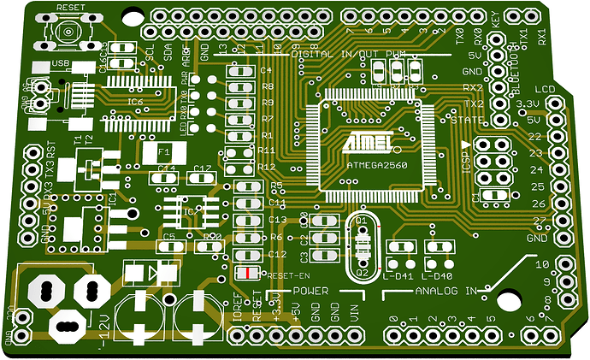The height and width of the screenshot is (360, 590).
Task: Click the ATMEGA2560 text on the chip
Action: pyautogui.click(x=371, y=163)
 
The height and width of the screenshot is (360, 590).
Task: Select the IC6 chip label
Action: pyautogui.click(x=135, y=102)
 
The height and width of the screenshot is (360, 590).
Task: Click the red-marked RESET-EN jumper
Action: pyautogui.click(x=248, y=274)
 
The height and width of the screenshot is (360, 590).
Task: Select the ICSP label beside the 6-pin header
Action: pyautogui.click(x=467, y=162)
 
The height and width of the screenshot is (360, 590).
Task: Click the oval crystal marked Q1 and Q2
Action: pyautogui.click(x=362, y=247)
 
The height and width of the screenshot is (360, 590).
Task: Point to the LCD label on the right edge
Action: pyautogui.click(x=545, y=90)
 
